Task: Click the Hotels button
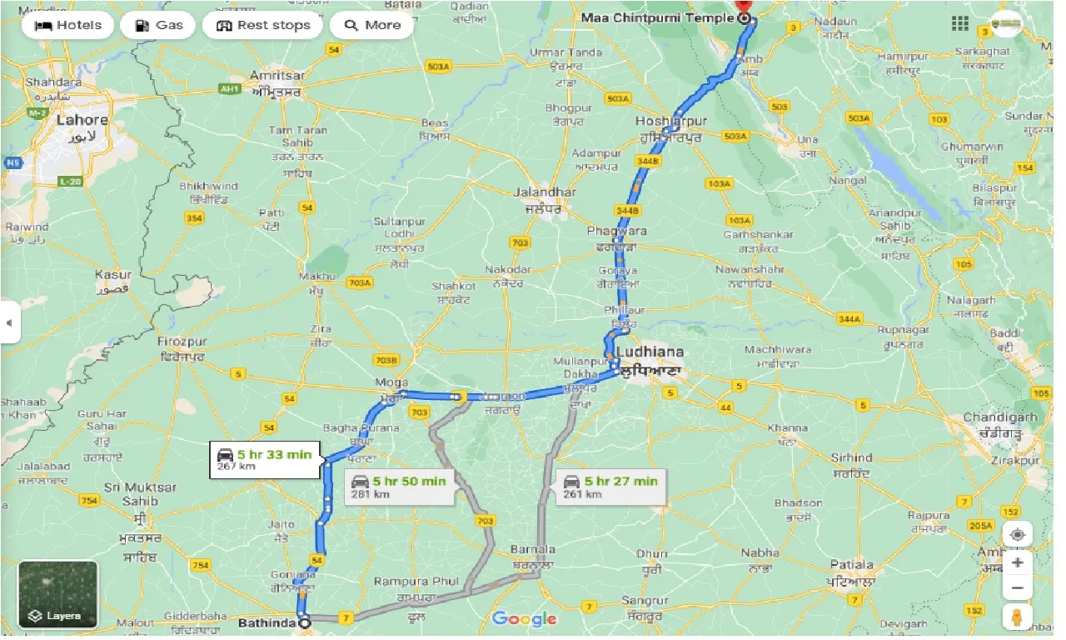[68, 25]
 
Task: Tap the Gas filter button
[158, 25]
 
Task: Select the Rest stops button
[262, 25]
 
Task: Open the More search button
[371, 25]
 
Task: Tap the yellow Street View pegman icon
[1017, 618]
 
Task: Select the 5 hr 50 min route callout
[399, 486]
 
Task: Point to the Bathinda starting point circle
[305, 622]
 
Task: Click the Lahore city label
[82, 120]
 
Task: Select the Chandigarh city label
[999, 417]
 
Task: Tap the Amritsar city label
[277, 75]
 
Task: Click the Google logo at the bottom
[524, 618]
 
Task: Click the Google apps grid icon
[959, 24]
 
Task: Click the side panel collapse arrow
[9, 322]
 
